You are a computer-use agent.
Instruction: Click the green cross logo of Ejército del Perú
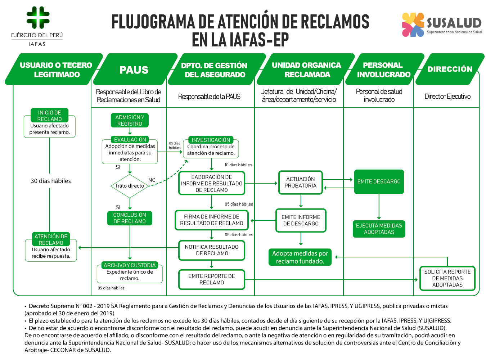[38, 17]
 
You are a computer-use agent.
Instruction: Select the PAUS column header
[134, 70]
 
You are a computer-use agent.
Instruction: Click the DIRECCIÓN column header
[450, 69]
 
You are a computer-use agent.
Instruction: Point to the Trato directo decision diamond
[130, 186]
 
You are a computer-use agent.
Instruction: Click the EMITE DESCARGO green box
[379, 182]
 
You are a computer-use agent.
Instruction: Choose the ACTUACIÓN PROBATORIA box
[300, 183]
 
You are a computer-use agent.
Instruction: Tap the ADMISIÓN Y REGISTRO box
[130, 121]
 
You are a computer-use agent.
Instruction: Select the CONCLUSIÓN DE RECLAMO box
[130, 218]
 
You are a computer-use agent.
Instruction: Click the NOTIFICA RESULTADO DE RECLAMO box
[212, 250]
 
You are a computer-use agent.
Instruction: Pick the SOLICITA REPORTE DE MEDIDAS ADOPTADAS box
[447, 278]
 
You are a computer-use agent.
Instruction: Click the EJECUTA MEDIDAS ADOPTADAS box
[379, 229]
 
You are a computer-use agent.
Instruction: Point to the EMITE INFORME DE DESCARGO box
[301, 220]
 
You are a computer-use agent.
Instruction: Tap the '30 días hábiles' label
[51, 181]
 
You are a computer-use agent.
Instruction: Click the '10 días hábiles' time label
[238, 165]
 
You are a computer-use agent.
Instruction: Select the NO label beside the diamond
[152, 180]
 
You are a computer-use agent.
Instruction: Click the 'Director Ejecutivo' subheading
[447, 96]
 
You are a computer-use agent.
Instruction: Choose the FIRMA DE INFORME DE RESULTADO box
[212, 220]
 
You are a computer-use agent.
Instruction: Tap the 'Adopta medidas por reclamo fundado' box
[300, 257]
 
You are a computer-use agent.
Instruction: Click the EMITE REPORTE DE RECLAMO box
[212, 279]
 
